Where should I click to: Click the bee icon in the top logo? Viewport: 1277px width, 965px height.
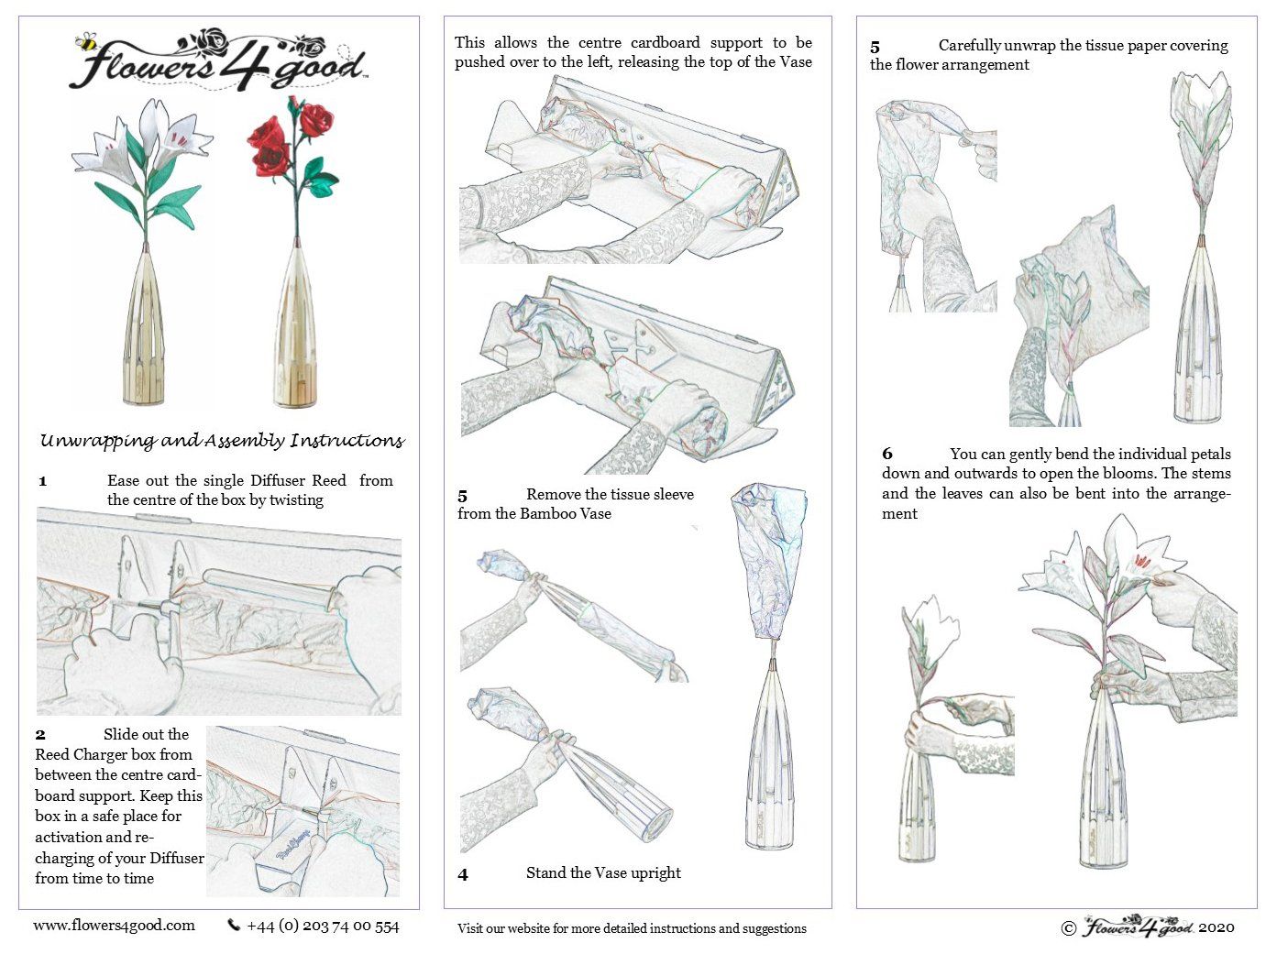[x=85, y=41]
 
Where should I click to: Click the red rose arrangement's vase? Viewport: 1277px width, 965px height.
[x=295, y=330]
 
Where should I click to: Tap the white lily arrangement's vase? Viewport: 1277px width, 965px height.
[x=145, y=330]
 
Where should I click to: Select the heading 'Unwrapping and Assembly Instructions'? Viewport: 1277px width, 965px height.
[x=222, y=441]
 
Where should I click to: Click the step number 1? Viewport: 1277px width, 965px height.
[x=42, y=481]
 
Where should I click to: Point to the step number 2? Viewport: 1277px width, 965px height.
[x=40, y=735]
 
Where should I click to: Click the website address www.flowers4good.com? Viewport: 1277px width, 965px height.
[x=114, y=926]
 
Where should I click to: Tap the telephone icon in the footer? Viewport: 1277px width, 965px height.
[x=234, y=926]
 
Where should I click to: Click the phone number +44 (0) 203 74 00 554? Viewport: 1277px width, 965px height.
[x=323, y=927]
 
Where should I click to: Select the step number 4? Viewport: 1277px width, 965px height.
[x=463, y=875]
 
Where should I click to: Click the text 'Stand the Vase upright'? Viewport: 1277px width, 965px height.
[x=603, y=873]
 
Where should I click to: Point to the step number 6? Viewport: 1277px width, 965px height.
[x=887, y=454]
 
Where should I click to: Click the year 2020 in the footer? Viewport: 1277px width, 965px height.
[x=1216, y=927]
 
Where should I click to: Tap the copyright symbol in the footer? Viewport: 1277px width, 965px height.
[x=1068, y=928]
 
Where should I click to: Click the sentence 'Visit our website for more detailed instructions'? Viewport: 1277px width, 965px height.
[x=632, y=928]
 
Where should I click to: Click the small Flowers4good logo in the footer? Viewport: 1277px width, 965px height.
[x=1138, y=927]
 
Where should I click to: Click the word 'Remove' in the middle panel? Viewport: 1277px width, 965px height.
[x=553, y=495]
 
